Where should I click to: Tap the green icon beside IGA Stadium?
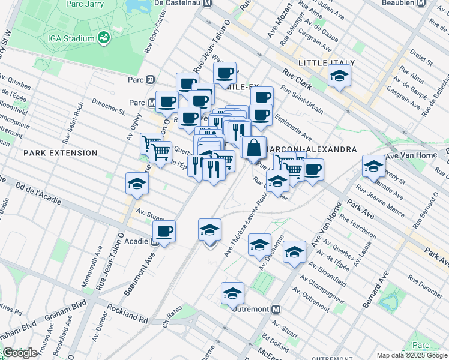(x=104, y=38)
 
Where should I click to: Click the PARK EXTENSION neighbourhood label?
(x=60, y=153)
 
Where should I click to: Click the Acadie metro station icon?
(x=155, y=242)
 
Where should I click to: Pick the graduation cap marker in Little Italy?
(x=339, y=76)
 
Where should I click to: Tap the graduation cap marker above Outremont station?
(x=232, y=293)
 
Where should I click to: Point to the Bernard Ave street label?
(x=375, y=290)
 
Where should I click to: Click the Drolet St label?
(x=421, y=58)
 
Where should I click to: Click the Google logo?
(x=19, y=353)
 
